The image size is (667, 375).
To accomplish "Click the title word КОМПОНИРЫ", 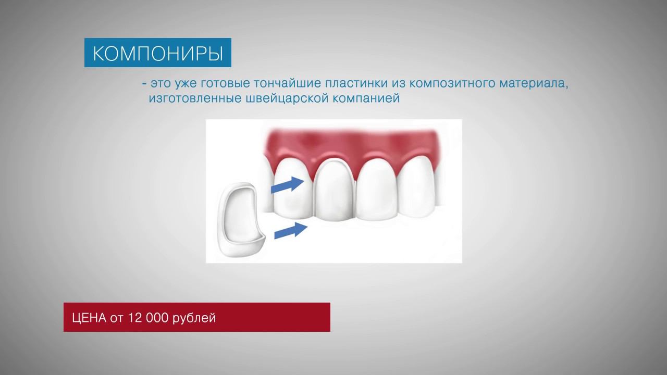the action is pos(158,54).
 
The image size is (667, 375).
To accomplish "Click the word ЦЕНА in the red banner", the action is pos(89,318).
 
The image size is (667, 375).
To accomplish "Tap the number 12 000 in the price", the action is pos(149,318).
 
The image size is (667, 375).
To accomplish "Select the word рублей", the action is pos(194,318).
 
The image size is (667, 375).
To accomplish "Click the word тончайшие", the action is pos(287,83).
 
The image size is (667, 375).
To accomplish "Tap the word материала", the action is pos(534,84).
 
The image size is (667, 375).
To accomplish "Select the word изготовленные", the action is pos(195,98).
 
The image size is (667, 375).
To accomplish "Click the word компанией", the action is pos(366,98).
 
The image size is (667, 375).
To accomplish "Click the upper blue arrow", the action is pos(287,184).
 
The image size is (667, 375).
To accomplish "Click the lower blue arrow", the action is pos(291,230).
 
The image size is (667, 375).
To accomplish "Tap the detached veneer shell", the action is pos(241,220).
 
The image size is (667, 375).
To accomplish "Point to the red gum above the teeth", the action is pos(351,143).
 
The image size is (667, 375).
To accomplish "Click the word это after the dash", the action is pos(160,84).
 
